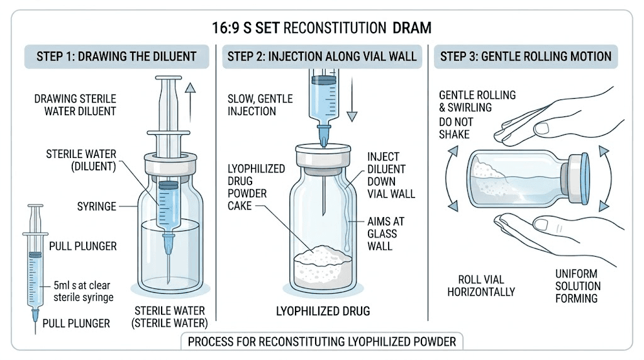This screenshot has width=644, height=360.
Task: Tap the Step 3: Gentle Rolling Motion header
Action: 525,56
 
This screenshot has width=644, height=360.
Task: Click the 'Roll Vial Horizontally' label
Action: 481,285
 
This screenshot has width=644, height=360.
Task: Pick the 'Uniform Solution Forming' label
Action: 577,286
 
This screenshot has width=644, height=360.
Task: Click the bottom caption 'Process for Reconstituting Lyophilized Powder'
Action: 322,342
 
